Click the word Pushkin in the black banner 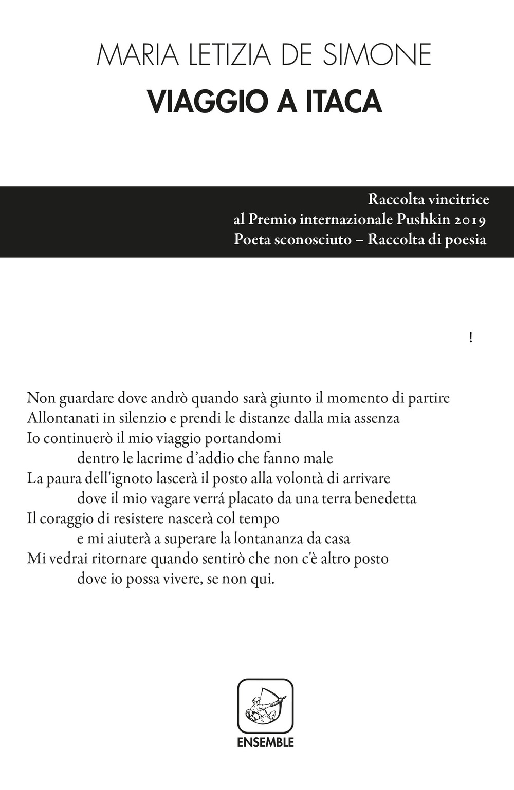click(x=421, y=219)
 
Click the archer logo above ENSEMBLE click(x=265, y=706)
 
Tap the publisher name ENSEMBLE click(x=265, y=742)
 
